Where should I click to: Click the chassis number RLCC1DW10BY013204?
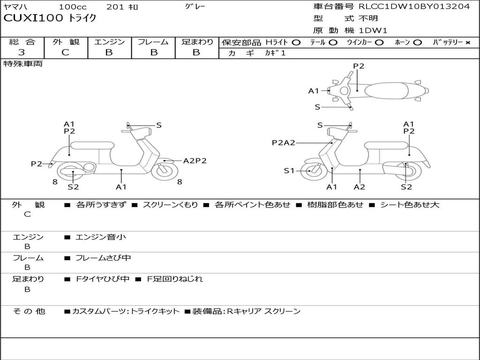[x=414, y=7]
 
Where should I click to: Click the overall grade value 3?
[x=22, y=52]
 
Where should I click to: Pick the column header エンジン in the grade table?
[x=109, y=42]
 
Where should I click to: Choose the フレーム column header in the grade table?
[x=153, y=42]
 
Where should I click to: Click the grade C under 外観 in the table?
[x=65, y=52]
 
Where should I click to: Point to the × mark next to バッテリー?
[x=467, y=42]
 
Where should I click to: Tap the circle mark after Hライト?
[x=296, y=42]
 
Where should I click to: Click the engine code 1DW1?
[x=373, y=30]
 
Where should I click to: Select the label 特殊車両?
[x=23, y=64]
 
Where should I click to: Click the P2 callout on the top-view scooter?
[x=359, y=66]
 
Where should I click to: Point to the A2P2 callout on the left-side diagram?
[x=195, y=160]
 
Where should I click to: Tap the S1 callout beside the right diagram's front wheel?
[x=289, y=171]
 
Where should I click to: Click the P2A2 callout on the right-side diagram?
[x=283, y=143]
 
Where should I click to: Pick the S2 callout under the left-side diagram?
[x=73, y=187]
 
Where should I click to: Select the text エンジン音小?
[x=101, y=237]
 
